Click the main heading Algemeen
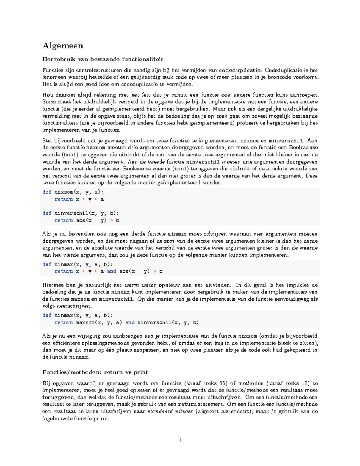[x=63, y=46]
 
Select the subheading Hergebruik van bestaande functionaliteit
[x=103, y=59]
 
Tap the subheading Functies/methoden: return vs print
[x=95, y=372]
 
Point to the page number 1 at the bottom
[x=180, y=440]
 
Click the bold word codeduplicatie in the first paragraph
[x=240, y=70]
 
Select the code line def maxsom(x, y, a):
[x=73, y=192]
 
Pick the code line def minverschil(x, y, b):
[x=80, y=213]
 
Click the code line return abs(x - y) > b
[x=87, y=221]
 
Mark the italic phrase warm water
[x=140, y=285]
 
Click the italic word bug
[x=219, y=343]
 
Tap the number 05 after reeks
[x=222, y=383]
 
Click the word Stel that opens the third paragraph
[x=47, y=140]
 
